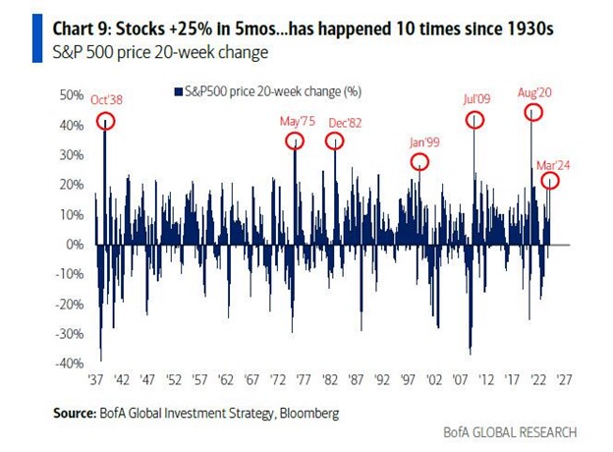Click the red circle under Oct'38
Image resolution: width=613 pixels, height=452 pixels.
pyautogui.click(x=105, y=121)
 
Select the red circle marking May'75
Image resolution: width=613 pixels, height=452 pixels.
pyautogui.click(x=295, y=141)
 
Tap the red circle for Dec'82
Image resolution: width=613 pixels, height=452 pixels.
pyautogui.click(x=335, y=141)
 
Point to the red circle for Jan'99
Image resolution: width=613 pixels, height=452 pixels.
pyautogui.click(x=419, y=161)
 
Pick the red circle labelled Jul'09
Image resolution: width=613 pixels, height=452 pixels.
pyautogui.click(x=475, y=120)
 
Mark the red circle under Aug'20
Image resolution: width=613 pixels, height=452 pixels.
pyautogui.click(x=533, y=112)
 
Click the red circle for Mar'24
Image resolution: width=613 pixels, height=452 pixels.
pyautogui.click(x=551, y=181)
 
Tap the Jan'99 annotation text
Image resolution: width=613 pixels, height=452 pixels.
pyautogui.click(x=425, y=142)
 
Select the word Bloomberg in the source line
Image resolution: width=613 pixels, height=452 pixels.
pyautogui.click(x=306, y=414)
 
